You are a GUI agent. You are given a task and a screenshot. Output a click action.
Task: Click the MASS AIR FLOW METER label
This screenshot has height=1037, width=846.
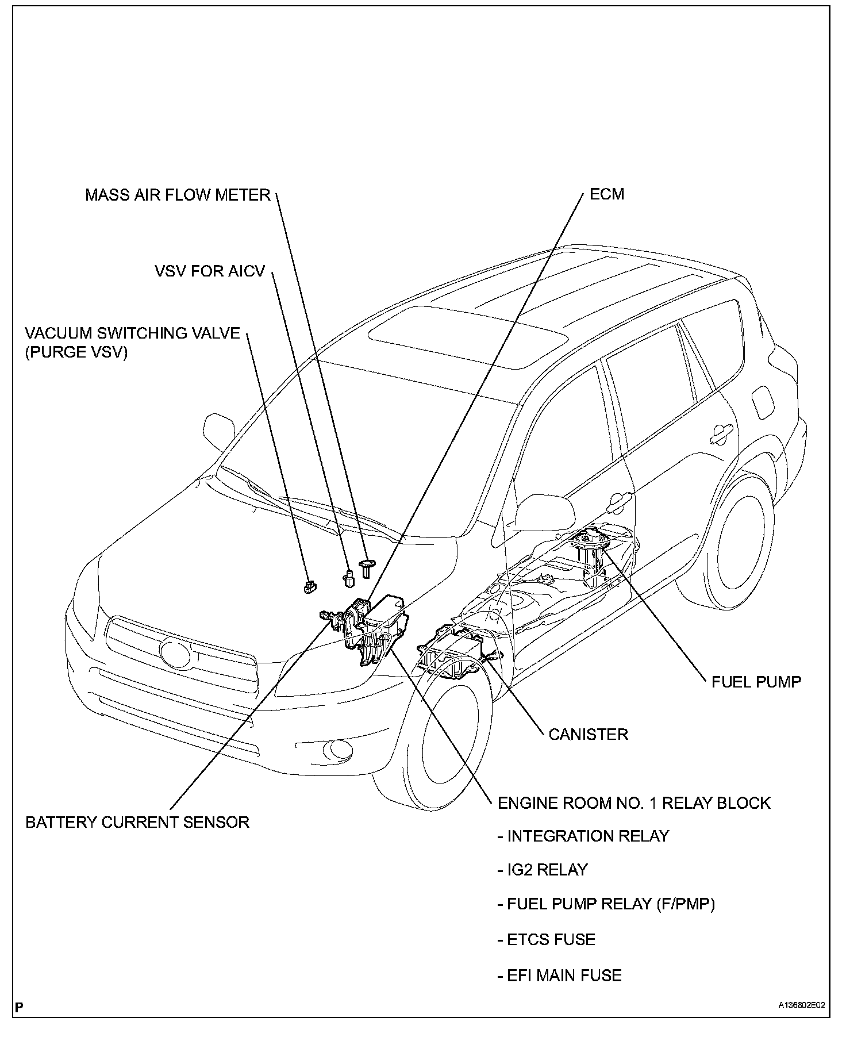tap(178, 195)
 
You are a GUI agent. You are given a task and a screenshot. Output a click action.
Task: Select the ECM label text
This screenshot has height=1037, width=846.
tap(607, 194)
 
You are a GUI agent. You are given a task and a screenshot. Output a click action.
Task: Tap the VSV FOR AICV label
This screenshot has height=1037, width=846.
tap(210, 271)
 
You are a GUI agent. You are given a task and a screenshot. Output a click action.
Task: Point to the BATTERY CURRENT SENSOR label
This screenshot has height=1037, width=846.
tap(137, 822)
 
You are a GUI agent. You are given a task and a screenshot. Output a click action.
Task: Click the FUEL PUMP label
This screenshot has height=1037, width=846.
tap(756, 682)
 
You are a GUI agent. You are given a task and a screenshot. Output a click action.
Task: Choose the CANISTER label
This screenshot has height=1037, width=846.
tap(588, 734)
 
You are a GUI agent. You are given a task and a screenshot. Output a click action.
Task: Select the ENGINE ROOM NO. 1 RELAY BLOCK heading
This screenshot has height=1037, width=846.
tap(634, 803)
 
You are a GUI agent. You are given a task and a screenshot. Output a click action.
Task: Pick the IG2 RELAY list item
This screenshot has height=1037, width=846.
tap(543, 870)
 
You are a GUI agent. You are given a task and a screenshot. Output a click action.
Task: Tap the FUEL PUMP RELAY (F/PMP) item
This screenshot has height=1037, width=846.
tap(607, 904)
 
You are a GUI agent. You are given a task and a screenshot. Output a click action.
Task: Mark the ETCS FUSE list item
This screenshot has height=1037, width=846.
tap(547, 940)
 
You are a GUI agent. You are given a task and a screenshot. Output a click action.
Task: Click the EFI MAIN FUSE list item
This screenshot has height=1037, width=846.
tap(560, 975)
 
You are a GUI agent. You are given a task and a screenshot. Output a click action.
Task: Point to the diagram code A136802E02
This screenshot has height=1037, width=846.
tap(802, 1021)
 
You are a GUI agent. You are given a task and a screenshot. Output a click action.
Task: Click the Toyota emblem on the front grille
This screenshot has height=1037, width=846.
tap(173, 653)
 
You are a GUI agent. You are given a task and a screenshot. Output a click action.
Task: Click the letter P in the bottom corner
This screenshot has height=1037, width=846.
tap(20, 1023)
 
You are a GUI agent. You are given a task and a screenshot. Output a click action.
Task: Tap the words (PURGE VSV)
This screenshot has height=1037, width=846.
tap(76, 352)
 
